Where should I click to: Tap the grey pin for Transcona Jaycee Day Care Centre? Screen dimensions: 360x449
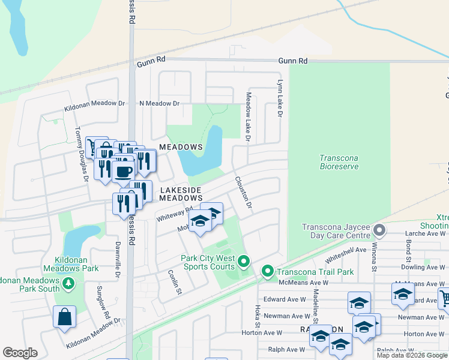coord(379,230)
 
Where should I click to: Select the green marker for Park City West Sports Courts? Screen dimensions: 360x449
coord(243,262)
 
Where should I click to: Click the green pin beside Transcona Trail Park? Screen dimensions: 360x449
coord(267,272)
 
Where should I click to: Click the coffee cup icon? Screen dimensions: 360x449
coord(123,172)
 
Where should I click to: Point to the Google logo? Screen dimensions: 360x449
coord(20,353)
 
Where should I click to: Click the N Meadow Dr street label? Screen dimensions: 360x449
coord(159,103)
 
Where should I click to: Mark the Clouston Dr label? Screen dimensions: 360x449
coord(243,192)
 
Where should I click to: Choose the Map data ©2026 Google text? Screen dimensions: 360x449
coord(412,355)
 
